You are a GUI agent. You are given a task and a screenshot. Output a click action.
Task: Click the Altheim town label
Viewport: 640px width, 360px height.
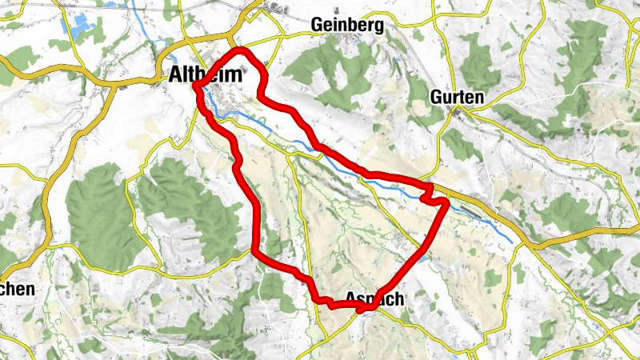(207, 74)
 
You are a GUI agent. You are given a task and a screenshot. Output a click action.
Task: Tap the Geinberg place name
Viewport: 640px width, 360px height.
(347, 25)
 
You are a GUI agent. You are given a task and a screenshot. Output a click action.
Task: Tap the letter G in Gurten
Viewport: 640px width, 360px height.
(435, 96)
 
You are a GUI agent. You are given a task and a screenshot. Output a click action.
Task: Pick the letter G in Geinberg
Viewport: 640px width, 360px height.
(317, 25)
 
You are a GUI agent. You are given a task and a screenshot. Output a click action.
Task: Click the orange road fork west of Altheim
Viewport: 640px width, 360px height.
(164, 60)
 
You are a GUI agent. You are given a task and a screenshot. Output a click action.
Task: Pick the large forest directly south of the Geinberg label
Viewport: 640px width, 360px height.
(328, 72)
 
